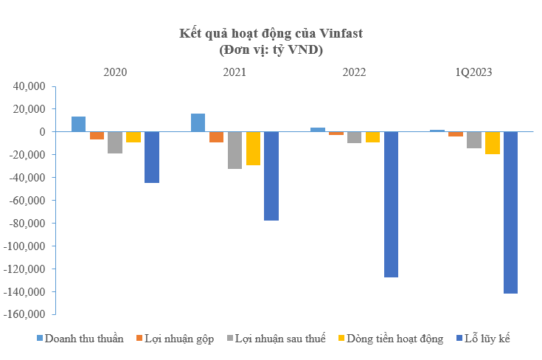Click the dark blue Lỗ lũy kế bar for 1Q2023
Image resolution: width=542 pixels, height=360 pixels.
pos(510,212)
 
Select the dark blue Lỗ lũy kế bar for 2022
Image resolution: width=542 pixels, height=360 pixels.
pos(391,204)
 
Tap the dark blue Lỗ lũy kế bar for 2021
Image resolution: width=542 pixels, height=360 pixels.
pos(271,176)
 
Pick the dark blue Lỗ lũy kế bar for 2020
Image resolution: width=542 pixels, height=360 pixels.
pos(151,157)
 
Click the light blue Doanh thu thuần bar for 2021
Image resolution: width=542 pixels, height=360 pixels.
pos(198,122)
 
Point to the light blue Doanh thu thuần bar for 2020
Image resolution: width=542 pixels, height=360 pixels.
pos(78,124)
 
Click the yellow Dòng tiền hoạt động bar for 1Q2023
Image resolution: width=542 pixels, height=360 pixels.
pos(492,143)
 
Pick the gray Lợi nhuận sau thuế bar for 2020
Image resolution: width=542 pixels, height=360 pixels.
pos(115,142)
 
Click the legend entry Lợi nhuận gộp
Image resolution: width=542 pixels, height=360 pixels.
pos(175,339)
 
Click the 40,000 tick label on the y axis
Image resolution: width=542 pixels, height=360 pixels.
pos(30,86)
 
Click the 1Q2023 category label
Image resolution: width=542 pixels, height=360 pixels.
pos(473,72)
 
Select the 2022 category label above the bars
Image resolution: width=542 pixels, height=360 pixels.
pos(354,72)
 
